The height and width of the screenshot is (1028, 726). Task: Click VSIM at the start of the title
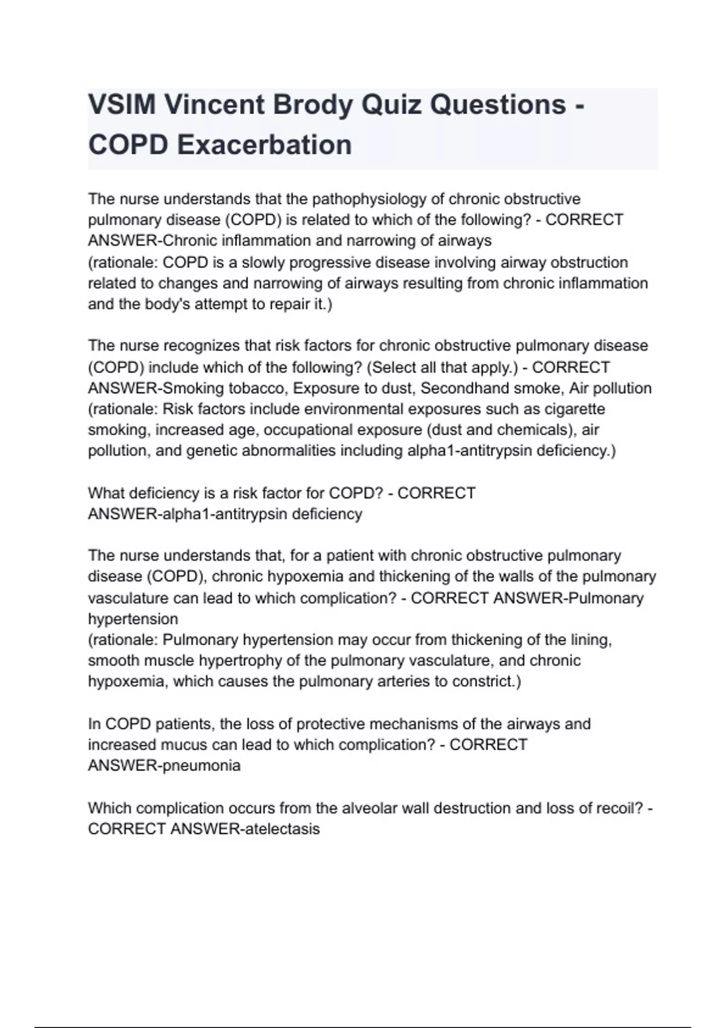click(x=122, y=105)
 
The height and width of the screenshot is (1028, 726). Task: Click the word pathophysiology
click(x=368, y=199)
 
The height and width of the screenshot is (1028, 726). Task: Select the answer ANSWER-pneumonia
click(x=164, y=766)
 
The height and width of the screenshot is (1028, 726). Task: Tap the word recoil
click(x=616, y=808)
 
